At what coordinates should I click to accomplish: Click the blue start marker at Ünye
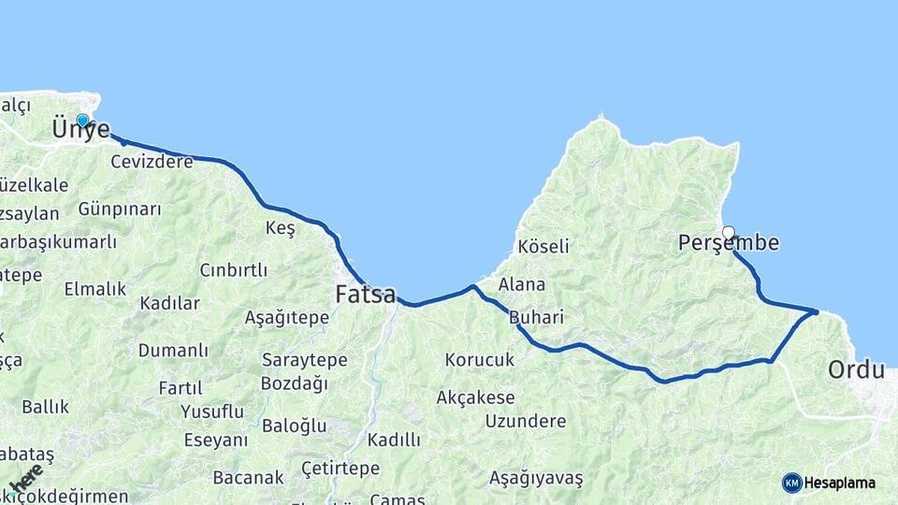[x=82, y=120]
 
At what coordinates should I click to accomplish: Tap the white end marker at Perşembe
[x=728, y=232]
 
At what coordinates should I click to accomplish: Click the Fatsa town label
[x=365, y=295]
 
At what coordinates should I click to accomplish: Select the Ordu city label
[x=855, y=370]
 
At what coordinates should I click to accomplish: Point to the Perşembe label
[x=728, y=244]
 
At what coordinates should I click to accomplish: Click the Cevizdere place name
[x=152, y=162]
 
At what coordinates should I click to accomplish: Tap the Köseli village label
[x=543, y=247]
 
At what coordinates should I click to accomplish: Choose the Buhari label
[x=536, y=318]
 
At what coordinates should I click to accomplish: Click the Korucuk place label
[x=480, y=360]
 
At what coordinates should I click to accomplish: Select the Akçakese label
[x=475, y=398]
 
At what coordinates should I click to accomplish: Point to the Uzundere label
[x=525, y=421]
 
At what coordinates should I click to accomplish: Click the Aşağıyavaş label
[x=536, y=479]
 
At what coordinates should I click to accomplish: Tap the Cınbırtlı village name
[x=233, y=270]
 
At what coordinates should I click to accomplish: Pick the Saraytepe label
[x=304, y=360]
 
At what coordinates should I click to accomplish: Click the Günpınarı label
[x=120, y=209]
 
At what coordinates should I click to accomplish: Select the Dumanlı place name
[x=173, y=351]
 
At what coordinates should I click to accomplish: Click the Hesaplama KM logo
[x=829, y=483]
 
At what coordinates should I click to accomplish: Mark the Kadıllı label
[x=394, y=440]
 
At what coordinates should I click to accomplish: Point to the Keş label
[x=280, y=228]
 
